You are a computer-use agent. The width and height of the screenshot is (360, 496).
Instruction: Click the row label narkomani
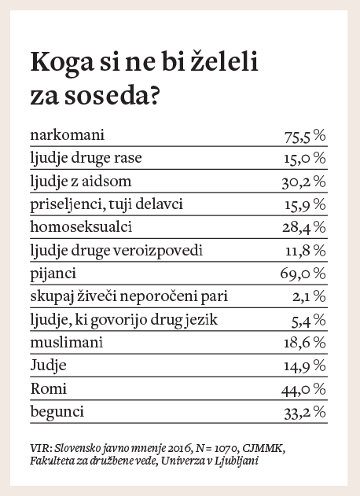tap(67, 135)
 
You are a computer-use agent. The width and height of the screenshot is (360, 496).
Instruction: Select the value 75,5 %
tap(305, 136)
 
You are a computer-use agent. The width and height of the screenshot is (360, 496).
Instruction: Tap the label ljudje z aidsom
tap(81, 182)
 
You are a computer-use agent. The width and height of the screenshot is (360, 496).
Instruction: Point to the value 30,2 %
tap(304, 182)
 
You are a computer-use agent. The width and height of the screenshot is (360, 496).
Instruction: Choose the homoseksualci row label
tap(81, 227)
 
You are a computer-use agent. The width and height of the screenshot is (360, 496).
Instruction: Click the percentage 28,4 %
tap(304, 228)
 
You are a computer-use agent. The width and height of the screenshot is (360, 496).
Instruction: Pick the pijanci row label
tap(53, 274)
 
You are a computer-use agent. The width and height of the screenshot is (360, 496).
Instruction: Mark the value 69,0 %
tap(303, 274)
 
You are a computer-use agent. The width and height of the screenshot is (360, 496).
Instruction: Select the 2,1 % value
tap(309, 297)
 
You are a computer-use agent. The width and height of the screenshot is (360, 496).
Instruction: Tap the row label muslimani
tap(67, 343)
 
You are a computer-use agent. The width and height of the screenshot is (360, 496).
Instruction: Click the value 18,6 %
tap(305, 343)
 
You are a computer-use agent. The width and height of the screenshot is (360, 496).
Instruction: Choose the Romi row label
tap(49, 389)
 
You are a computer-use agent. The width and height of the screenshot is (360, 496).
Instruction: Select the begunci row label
tap(57, 413)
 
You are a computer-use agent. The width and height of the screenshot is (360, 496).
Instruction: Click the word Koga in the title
tap(62, 63)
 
